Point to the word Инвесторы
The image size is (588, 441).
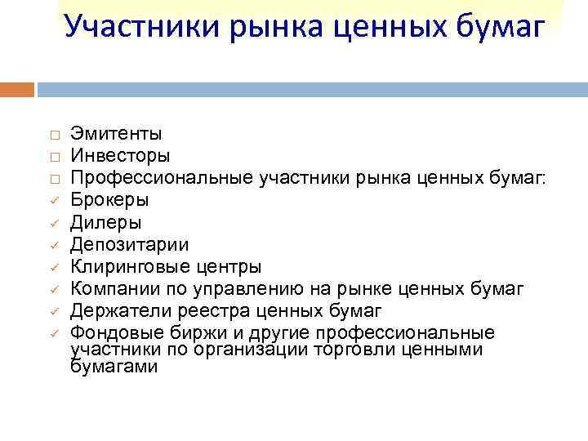pos(120,155)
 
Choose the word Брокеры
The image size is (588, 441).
pos(109,199)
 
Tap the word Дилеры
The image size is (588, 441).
pos(105,221)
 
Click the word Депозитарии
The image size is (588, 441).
pos(129,244)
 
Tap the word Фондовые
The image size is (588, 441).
pos(114,332)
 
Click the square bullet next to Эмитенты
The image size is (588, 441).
pos(51,134)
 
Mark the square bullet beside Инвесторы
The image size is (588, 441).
pos(51,156)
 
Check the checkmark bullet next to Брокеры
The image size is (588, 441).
pos(51,200)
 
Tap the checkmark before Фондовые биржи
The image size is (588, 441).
pos(51,332)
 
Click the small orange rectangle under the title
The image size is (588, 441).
pos(17,88)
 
